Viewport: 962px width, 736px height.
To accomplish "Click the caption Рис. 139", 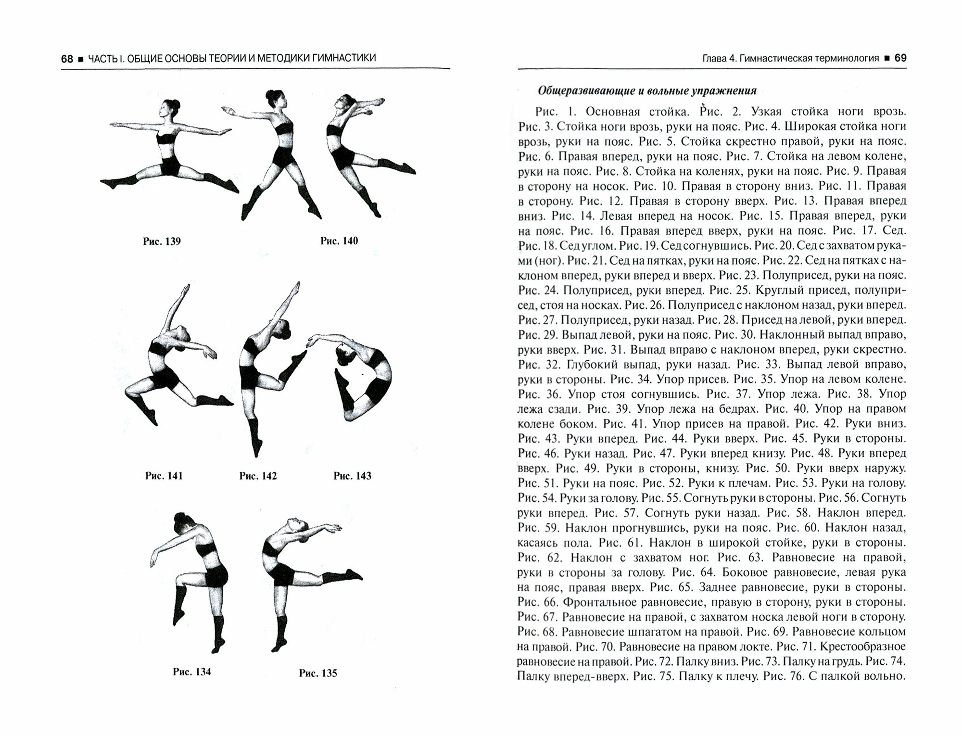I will point(162,241).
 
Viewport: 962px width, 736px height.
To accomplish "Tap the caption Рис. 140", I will point(339,241).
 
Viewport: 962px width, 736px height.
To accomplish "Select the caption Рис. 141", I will point(164,476).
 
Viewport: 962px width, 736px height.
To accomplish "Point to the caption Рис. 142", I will point(258,476).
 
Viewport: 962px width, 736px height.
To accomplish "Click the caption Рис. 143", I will point(352,476).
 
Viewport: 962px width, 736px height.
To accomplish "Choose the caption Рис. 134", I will point(191,672).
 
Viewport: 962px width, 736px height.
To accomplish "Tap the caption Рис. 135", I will point(318,673).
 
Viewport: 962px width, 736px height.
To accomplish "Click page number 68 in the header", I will point(67,59).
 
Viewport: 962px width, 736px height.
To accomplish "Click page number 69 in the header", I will point(900,58).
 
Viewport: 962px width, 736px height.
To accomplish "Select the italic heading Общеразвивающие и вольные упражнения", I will point(647,90).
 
